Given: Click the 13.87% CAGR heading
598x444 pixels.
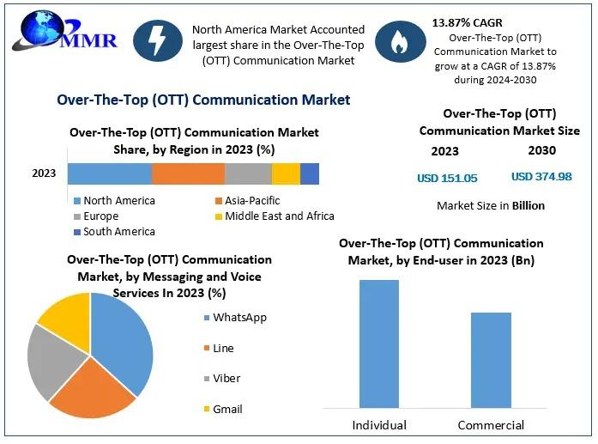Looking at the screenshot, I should click(468, 22).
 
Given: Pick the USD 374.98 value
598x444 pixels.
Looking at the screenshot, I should click(541, 177).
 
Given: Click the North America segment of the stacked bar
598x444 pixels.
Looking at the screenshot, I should click(109, 173).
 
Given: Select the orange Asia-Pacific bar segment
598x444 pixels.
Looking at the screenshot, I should click(188, 173).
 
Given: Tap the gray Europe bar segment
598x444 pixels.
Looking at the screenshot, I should click(248, 173).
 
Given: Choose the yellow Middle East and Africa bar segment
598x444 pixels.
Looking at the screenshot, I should click(286, 173).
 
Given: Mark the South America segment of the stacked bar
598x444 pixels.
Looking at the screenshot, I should click(310, 173).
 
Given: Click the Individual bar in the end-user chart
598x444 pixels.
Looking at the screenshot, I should click(378, 343).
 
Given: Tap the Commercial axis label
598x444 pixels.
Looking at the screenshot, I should click(491, 425).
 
